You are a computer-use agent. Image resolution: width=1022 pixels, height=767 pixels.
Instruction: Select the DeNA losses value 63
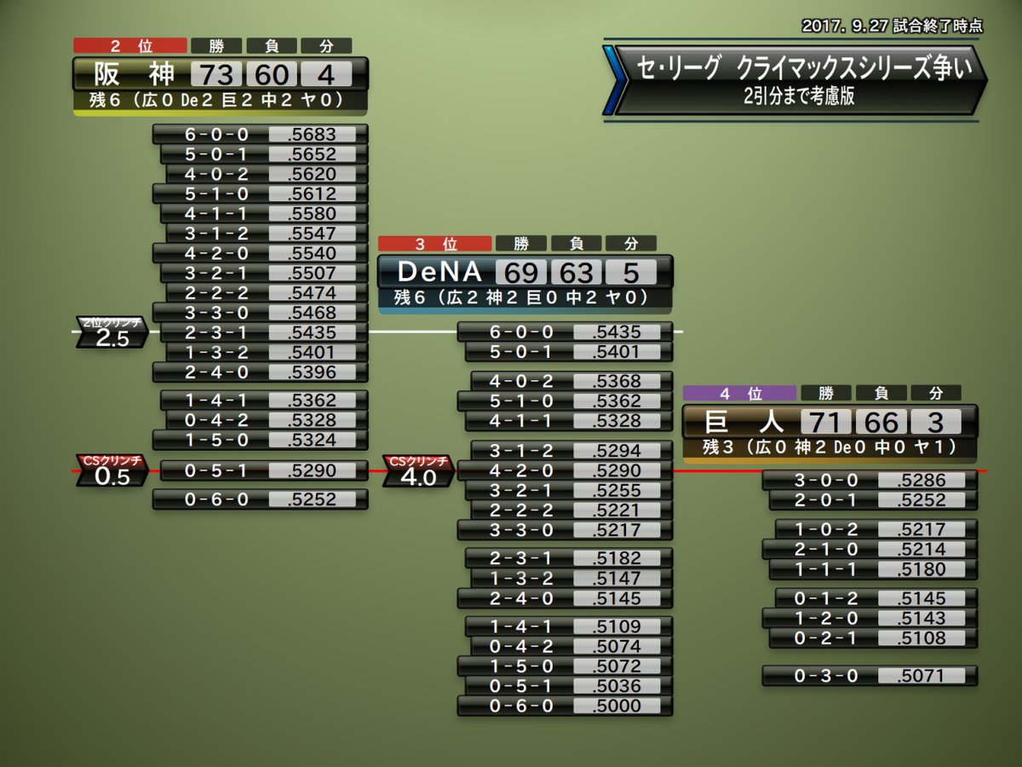tap(576, 272)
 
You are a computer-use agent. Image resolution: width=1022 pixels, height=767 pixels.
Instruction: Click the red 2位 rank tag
tap(130, 46)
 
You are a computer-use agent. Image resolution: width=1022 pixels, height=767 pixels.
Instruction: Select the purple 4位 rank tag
tap(739, 394)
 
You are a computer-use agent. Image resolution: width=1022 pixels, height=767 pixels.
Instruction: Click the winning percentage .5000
tap(617, 706)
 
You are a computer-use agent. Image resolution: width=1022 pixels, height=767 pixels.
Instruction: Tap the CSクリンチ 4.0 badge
tap(417, 471)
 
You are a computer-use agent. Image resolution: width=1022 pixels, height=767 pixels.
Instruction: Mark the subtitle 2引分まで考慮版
tap(797, 95)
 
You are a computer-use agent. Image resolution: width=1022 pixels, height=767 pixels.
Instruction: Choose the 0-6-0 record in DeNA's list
tap(521, 706)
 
